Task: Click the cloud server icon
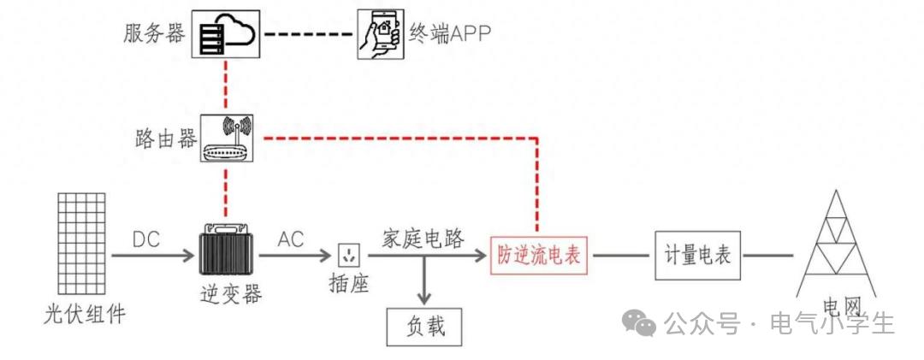tap(226, 34)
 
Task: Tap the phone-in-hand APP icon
tap(381, 34)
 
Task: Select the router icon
tap(227, 139)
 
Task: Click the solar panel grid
tap(82, 244)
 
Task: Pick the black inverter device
tap(226, 249)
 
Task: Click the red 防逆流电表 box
tap(540, 256)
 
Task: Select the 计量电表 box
tap(698, 256)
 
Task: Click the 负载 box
tap(424, 326)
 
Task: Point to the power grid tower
tap(836, 244)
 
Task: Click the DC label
tap(146, 239)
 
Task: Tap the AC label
tap(291, 239)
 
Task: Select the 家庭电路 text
tap(423, 239)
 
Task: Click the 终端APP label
tap(450, 34)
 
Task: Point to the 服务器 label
tap(154, 33)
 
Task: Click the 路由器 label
tap(166, 139)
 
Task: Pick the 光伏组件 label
tap(85, 314)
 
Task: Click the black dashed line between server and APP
tap(309, 34)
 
